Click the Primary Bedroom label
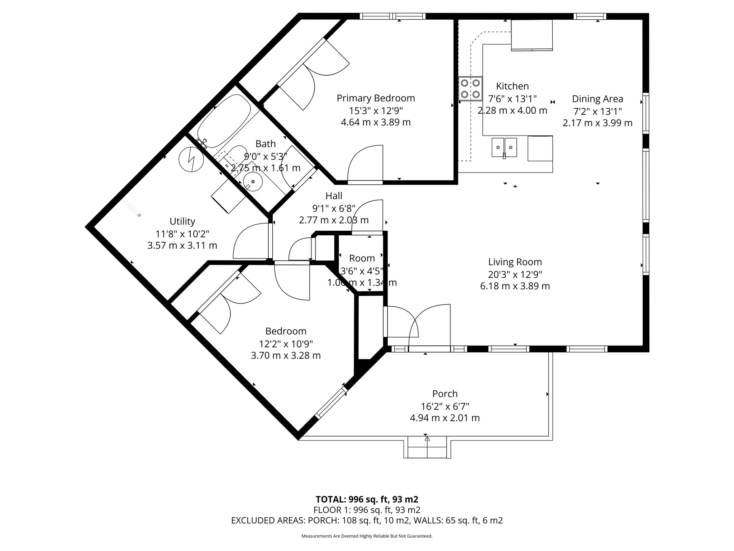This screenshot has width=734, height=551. (x=376, y=98)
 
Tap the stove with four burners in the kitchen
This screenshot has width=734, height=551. (x=470, y=89)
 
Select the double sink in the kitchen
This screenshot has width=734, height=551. (x=504, y=147)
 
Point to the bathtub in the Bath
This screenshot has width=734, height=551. (x=224, y=121)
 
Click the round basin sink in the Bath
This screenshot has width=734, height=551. (x=253, y=182)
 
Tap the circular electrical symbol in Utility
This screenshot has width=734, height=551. (x=191, y=160)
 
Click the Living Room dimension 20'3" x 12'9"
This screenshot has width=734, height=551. (x=515, y=274)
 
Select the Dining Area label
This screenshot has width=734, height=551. (x=597, y=99)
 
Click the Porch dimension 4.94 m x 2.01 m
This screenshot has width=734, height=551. (x=444, y=418)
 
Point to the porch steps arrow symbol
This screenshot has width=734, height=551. (x=426, y=438)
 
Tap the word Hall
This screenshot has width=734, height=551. (x=334, y=196)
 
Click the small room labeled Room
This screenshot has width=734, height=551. (x=362, y=258)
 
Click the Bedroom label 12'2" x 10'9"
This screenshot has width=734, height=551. (x=286, y=344)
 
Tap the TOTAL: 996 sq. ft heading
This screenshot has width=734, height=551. (x=367, y=499)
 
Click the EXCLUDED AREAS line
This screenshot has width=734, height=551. (x=367, y=521)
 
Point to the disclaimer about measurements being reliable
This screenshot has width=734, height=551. (x=367, y=536)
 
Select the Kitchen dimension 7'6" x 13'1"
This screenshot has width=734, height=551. (x=512, y=98)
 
